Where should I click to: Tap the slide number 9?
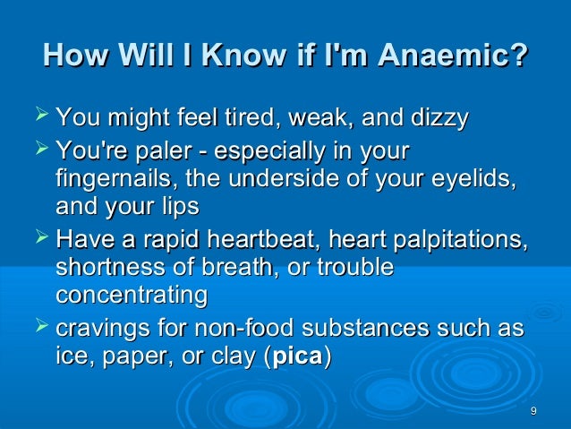pyautogui.click(x=533, y=411)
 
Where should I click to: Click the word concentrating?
pyautogui.click(x=132, y=295)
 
